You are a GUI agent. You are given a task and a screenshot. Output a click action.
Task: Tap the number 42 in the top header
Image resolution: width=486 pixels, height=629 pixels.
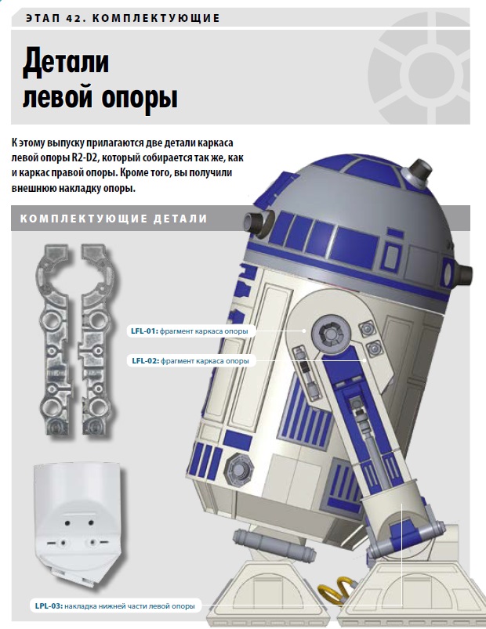tap(73, 18)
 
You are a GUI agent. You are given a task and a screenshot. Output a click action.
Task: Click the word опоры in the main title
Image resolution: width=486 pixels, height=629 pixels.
tap(140, 97)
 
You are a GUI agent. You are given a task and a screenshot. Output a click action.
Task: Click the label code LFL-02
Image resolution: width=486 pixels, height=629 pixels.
tap(144, 360)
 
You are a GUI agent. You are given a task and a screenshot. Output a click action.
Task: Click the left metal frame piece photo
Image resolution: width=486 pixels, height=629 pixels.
tap(55, 339)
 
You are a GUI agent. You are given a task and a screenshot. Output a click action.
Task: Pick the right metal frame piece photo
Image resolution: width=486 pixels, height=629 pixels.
tap(97, 339)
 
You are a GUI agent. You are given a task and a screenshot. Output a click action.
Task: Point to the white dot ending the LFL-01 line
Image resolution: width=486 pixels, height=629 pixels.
tap(305, 331)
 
